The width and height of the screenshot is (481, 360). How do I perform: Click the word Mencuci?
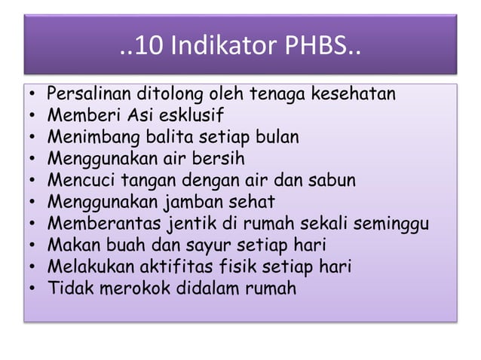[74, 181]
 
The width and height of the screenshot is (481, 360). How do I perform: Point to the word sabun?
[332, 181]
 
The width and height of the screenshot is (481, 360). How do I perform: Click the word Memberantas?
[96, 224]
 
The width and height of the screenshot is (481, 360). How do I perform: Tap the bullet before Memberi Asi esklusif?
[34, 117]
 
